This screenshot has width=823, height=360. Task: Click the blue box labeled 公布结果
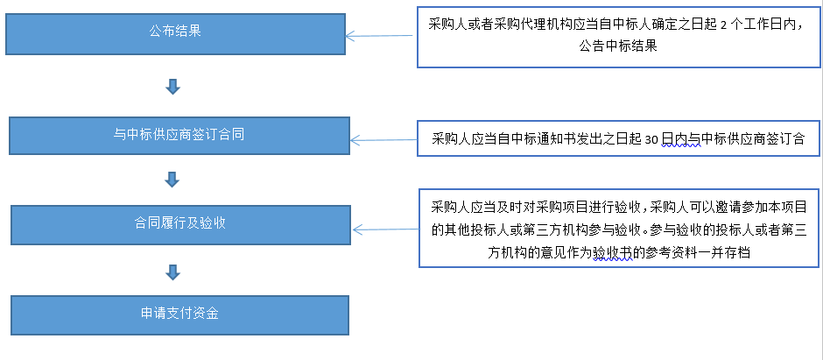coord(176,32)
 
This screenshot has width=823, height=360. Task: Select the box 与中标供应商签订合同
coord(180,135)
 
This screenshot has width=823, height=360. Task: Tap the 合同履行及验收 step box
coord(180,223)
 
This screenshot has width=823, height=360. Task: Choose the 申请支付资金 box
coord(179,313)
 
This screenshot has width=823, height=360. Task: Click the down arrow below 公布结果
coord(172,87)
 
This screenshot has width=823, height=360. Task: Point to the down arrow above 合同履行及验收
coord(172,180)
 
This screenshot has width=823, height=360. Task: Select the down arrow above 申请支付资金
coord(172,272)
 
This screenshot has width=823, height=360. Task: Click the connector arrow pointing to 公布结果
coord(381,37)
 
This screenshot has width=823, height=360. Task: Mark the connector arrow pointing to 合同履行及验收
coord(385,229)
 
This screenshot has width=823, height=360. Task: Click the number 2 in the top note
coord(723,25)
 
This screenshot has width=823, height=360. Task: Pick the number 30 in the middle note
coord(651,138)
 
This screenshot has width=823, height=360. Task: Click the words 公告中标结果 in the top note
coord(618,46)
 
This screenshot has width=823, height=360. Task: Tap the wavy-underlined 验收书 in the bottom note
coord(613,252)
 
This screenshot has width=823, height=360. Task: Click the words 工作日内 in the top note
coord(762,25)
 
